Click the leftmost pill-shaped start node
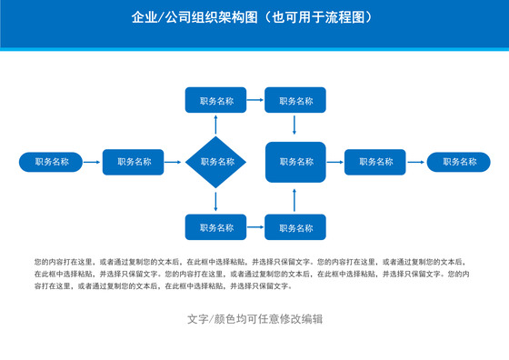coord(52,162)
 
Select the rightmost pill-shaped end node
coord(458,162)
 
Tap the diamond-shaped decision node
coord(216,163)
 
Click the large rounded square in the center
coord(295,162)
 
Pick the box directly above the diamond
coord(216,101)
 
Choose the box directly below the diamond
coord(216,227)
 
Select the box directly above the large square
coord(295,101)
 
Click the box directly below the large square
coord(295,227)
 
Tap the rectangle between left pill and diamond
coord(135,162)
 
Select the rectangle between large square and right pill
coord(375,162)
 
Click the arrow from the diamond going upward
coord(216,125)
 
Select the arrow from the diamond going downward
coord(216,201)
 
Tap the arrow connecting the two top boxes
coord(255,101)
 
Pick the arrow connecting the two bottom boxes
coord(255,227)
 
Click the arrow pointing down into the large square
coord(295,127)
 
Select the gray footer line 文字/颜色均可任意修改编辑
coord(254,319)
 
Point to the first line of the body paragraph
coord(254,262)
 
